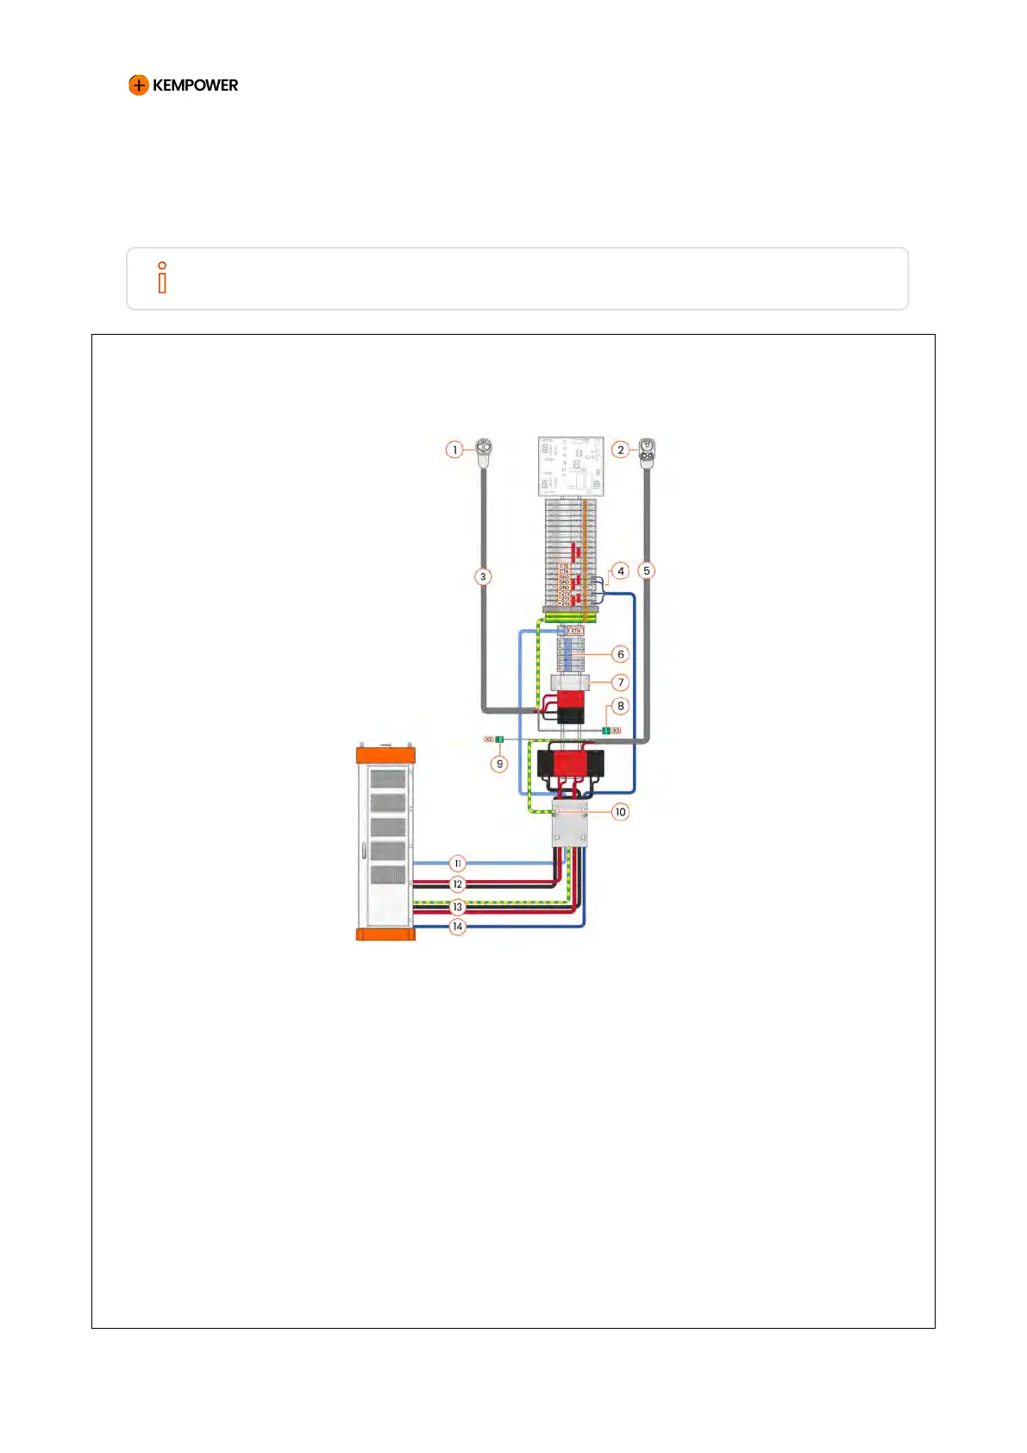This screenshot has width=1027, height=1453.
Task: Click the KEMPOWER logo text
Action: point(195,85)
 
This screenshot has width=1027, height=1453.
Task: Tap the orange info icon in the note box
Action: point(162,278)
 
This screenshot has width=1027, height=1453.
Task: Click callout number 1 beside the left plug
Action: point(454,450)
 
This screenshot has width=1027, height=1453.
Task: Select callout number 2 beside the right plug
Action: point(620,450)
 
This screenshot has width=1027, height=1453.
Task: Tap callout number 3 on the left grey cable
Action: point(483,576)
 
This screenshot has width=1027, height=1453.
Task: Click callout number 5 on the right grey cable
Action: point(646,570)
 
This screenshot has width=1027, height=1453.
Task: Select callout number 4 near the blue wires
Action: point(620,570)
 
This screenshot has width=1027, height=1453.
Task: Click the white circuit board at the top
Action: point(570,466)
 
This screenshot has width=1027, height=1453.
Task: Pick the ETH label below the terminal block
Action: point(576,631)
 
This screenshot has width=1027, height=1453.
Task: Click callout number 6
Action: point(620,654)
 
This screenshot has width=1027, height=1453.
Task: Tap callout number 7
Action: point(620,682)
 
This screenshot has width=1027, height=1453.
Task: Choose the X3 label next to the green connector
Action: point(617,731)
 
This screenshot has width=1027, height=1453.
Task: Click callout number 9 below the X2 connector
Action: point(499,764)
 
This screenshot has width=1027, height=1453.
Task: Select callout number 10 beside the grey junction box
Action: point(620,812)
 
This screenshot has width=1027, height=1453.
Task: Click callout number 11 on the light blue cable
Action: point(458,863)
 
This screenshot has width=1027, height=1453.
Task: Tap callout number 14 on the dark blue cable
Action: point(458,927)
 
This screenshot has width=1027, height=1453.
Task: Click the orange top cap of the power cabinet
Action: point(385,755)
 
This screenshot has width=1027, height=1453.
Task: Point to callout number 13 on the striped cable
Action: point(458,907)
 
